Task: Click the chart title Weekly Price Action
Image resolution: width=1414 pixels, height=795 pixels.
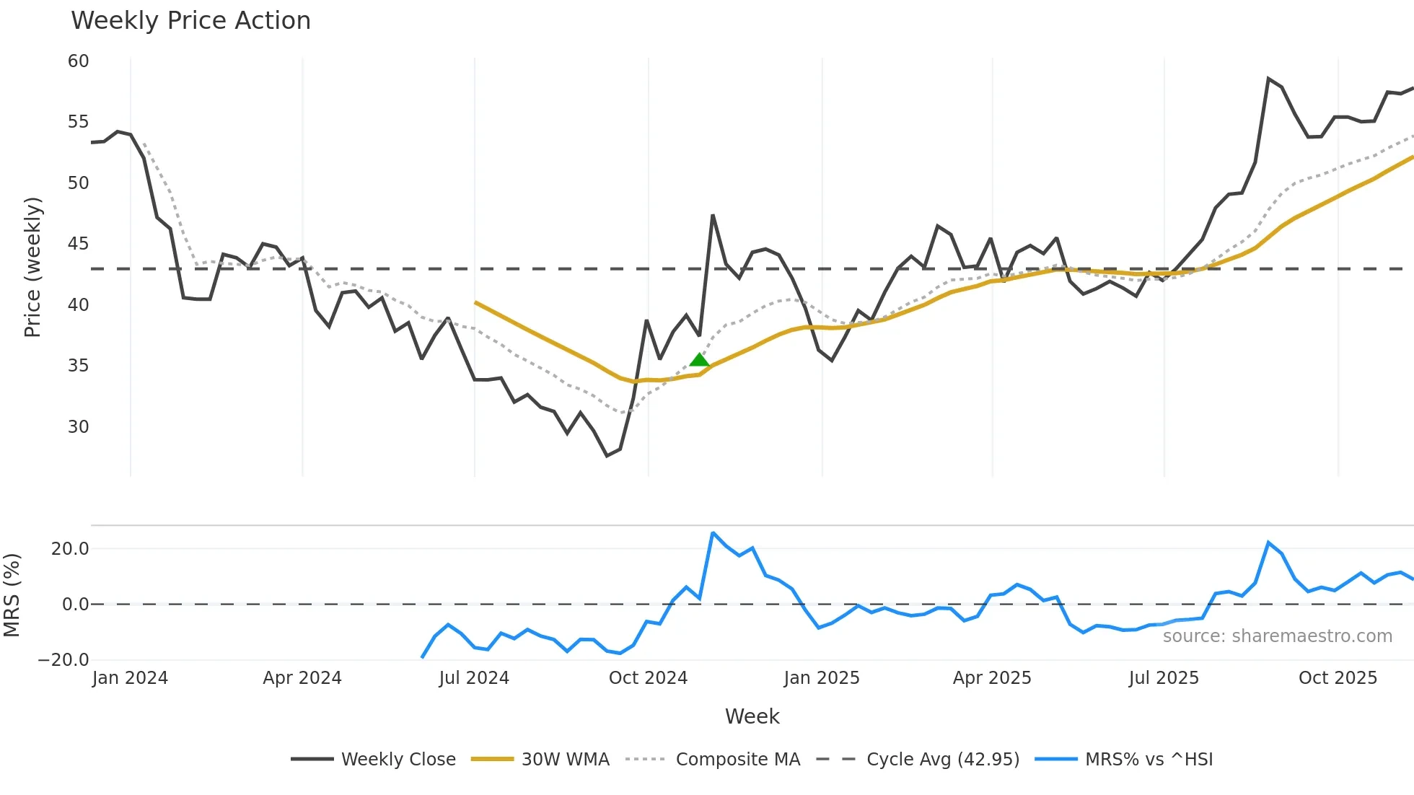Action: pos(190,21)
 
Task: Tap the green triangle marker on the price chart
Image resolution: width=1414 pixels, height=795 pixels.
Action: pos(699,360)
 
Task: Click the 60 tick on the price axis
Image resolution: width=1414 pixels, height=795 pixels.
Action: pos(79,61)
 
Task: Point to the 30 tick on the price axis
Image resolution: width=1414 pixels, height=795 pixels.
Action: pos(79,427)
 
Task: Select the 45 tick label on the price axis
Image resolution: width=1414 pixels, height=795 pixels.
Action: pos(79,244)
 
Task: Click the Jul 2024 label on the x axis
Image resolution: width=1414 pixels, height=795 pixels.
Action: pos(474,678)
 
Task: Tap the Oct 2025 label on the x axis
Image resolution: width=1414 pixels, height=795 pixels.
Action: pos(1338,678)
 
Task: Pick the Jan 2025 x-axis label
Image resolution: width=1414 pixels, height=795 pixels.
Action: pos(822,678)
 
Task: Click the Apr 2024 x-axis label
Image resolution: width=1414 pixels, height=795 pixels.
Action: pos(302,678)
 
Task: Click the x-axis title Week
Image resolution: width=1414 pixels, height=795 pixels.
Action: pos(752,716)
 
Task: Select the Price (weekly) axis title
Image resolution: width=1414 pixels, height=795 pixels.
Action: pos(32,267)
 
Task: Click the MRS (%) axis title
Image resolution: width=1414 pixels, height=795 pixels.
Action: pos(12,595)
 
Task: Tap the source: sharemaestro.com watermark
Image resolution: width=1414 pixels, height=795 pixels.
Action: pos(1277,636)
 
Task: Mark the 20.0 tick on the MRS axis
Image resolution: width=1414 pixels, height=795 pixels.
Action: pos(70,549)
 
